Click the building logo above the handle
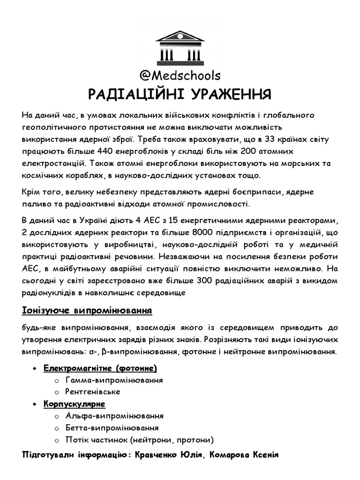pyautogui.click(x=180, y=48)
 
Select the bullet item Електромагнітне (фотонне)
pyautogui.click(x=100, y=367)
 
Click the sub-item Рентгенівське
pyautogui.click(x=93, y=391)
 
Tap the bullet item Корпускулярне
pyautogui.click(x=75, y=404)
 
